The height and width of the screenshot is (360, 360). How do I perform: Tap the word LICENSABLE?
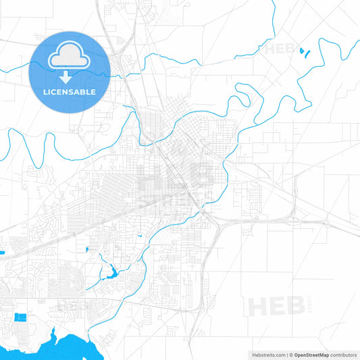(x=70, y=91)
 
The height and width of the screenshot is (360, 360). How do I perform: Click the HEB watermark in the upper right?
(x=280, y=49)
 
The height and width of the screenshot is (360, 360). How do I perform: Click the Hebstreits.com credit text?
(x=267, y=354)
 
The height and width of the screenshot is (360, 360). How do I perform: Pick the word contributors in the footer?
(x=344, y=354)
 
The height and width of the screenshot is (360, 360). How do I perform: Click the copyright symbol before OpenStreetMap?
(x=292, y=354)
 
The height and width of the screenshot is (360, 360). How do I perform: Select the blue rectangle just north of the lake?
(x=22, y=317)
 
